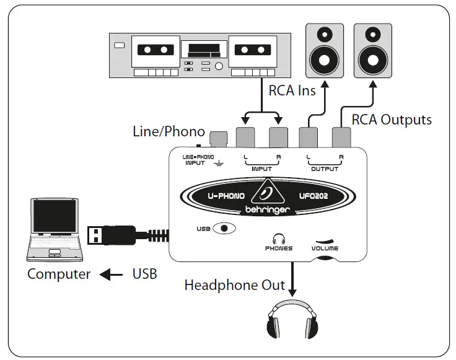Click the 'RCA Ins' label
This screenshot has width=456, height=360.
[292, 90]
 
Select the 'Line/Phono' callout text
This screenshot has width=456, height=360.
[169, 131]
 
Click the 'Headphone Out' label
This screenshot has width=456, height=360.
[234, 285]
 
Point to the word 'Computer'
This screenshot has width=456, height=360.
[58, 274]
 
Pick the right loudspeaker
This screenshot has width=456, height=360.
[372, 51]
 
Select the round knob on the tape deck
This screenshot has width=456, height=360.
[219, 66]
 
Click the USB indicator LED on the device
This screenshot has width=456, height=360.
[224, 228]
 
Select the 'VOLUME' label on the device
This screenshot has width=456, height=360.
[325, 248]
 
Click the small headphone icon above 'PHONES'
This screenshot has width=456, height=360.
[279, 238]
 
